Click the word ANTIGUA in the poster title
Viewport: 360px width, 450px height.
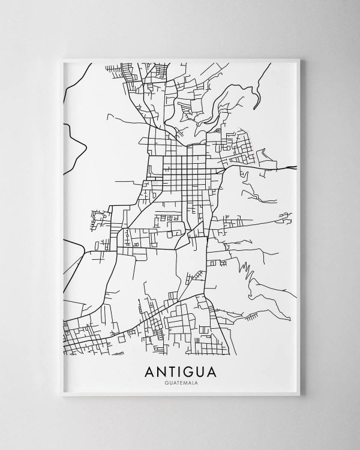click(x=180, y=372)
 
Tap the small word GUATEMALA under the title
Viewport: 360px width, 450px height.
click(x=180, y=383)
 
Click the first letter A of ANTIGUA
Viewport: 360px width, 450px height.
click(x=149, y=372)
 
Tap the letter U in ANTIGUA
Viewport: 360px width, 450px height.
click(x=199, y=372)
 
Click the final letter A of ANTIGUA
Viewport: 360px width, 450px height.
click(x=211, y=372)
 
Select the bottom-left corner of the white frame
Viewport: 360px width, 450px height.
click(x=61, y=395)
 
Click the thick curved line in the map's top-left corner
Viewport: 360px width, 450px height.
click(x=81, y=78)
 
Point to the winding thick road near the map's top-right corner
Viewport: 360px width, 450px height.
click(x=259, y=90)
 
